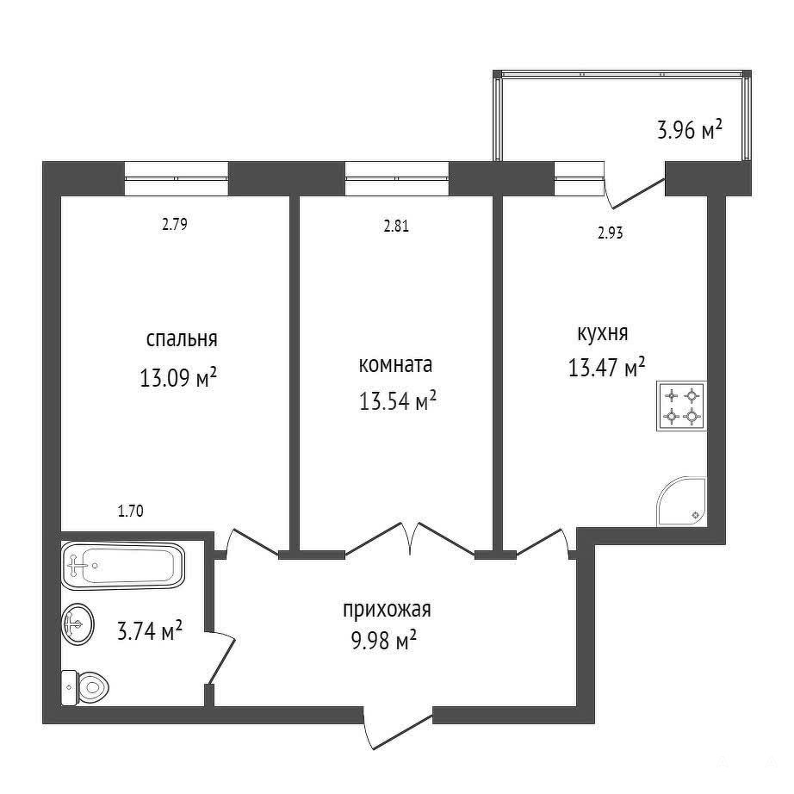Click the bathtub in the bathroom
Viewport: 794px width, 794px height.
(123, 566)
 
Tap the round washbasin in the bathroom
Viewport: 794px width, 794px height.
(78, 624)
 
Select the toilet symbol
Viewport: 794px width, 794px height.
(85, 687)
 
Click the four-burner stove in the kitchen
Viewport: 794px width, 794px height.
(681, 406)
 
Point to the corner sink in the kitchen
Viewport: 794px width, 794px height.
(681, 501)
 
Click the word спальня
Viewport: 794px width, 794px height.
(182, 339)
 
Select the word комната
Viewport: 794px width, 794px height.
(395, 365)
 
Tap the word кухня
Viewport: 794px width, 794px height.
(603, 334)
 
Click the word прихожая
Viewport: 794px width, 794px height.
(387, 611)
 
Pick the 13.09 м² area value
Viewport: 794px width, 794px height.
(178, 377)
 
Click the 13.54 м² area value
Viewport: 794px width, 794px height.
(398, 401)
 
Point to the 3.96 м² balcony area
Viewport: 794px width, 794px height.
(689, 130)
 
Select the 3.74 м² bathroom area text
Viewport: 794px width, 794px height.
(149, 631)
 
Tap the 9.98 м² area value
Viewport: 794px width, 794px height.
(383, 641)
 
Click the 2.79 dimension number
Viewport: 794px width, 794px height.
(175, 224)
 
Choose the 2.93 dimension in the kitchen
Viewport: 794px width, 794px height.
(611, 233)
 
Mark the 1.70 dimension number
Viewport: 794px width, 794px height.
(131, 511)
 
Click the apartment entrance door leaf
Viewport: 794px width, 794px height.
(402, 732)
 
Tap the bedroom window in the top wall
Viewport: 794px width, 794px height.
(177, 178)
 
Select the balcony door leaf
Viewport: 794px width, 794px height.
(639, 193)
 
